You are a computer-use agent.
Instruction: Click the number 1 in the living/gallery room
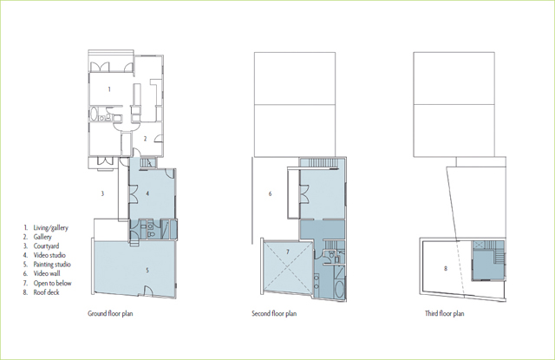(x=109, y=89)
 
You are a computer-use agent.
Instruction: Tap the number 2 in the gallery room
(x=145, y=139)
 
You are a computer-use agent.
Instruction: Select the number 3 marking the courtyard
(x=102, y=193)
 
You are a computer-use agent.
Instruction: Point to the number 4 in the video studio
(x=147, y=193)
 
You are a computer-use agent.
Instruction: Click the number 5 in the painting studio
(x=147, y=270)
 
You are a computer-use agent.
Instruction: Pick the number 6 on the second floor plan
(x=270, y=193)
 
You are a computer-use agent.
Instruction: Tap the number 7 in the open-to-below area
(x=288, y=252)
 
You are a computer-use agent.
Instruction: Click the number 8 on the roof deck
(x=446, y=268)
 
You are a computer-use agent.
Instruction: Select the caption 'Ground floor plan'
(x=110, y=314)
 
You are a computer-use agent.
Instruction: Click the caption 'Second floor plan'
(x=274, y=314)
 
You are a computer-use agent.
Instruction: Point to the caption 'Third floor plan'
(x=445, y=314)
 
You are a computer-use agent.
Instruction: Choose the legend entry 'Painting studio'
(x=52, y=265)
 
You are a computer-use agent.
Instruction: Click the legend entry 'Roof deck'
(x=46, y=292)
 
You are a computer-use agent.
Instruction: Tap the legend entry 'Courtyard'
(x=46, y=246)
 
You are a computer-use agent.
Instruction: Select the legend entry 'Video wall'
(x=47, y=273)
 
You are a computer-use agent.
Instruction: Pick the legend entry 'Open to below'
(x=52, y=283)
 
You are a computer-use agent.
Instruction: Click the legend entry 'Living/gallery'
(x=50, y=227)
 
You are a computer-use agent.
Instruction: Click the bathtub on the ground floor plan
(x=95, y=115)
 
